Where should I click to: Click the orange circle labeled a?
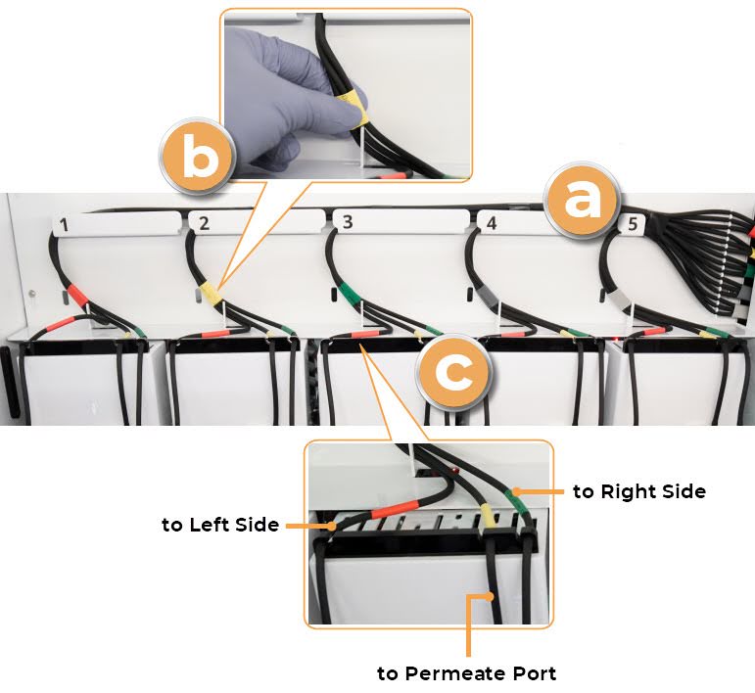[x=581, y=201]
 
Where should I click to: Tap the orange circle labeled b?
[x=197, y=157]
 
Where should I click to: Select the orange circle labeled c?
[x=453, y=372]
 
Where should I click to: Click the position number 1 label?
[x=64, y=225]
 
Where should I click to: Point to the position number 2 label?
[x=204, y=224]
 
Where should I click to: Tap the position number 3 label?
[x=348, y=222]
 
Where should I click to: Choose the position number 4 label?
[x=492, y=223]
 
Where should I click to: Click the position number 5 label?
[x=633, y=224]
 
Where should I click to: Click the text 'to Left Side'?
[x=220, y=525]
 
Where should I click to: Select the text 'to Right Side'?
[x=639, y=491]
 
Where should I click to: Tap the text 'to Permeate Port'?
[x=466, y=673]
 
